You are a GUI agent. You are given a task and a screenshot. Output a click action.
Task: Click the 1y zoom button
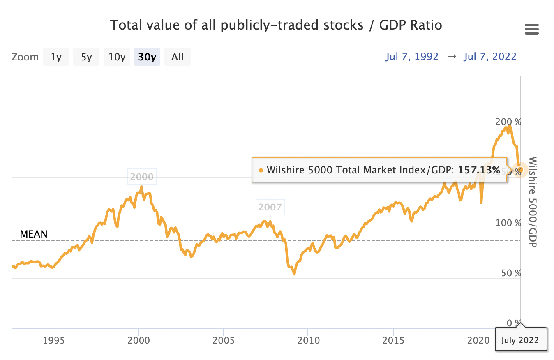pos(56,57)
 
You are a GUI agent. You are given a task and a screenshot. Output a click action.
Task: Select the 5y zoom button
pos(86,57)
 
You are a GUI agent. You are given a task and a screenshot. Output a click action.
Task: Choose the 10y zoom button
pos(117,57)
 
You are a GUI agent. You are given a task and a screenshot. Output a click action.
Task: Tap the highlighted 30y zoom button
pos(147,57)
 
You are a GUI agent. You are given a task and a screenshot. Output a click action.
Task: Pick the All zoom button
pos(178,57)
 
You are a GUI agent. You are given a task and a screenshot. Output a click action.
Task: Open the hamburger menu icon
pos(532,30)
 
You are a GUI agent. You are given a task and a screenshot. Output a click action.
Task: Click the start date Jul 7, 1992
pos(412,57)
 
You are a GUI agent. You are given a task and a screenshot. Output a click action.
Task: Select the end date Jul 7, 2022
pos(490,57)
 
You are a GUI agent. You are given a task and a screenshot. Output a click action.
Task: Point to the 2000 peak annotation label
pos(142,177)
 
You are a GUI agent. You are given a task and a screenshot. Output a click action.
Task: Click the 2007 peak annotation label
pos(270,207)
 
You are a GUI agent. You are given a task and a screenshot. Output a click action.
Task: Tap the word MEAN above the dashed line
pos(34,234)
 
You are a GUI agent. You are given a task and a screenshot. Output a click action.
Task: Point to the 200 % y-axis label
pos(508,122)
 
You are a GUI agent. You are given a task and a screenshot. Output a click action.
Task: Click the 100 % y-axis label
pos(508,223)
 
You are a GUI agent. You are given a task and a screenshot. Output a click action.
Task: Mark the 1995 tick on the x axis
pos(53,341)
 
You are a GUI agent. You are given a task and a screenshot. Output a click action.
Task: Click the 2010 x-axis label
pos(308,341)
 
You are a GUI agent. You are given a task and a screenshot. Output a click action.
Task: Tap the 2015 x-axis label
pos(393,341)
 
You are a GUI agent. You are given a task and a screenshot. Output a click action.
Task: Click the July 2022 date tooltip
pos(521,340)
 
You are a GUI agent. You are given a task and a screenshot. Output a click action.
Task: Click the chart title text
pos(276,25)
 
